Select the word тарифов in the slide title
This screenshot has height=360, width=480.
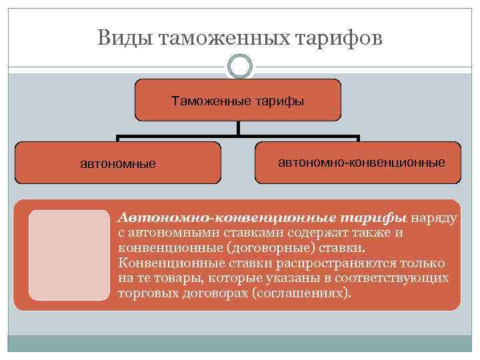341,37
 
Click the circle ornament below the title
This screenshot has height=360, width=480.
240,67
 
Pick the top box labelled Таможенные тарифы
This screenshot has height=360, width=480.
238,101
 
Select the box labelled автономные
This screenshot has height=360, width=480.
118,163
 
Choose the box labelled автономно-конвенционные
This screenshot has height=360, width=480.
358,162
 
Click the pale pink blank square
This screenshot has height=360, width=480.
69,255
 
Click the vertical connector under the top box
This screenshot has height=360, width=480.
238,129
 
